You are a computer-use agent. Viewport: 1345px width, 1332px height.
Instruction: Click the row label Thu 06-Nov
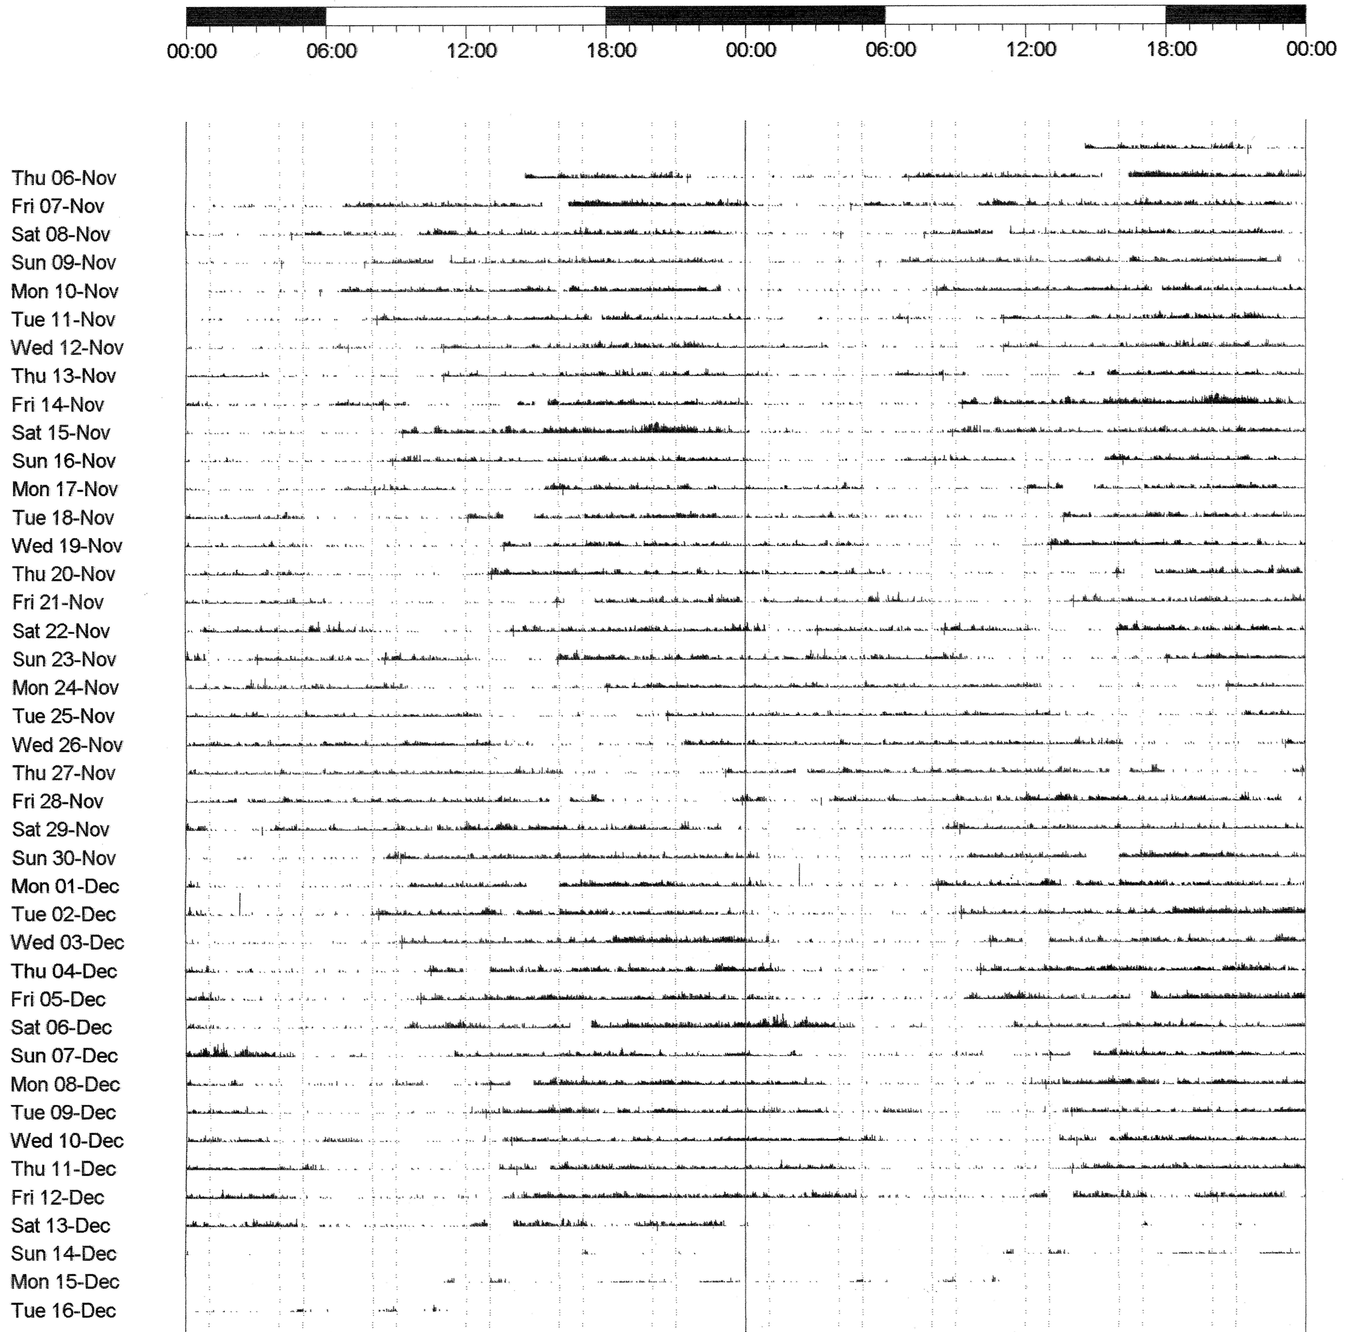pyautogui.click(x=63, y=178)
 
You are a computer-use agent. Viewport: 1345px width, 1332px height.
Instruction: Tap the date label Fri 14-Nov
pyautogui.click(x=58, y=404)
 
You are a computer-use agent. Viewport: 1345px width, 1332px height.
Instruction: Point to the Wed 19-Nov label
pyautogui.click(x=67, y=546)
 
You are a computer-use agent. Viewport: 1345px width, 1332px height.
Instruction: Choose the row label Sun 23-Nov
pyautogui.click(x=64, y=659)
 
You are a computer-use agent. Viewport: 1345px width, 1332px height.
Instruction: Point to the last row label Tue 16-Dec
pyautogui.click(x=63, y=1311)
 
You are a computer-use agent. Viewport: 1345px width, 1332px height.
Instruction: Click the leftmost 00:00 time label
pyautogui.click(x=191, y=50)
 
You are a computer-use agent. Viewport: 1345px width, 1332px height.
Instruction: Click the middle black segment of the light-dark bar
pyautogui.click(x=745, y=15)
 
